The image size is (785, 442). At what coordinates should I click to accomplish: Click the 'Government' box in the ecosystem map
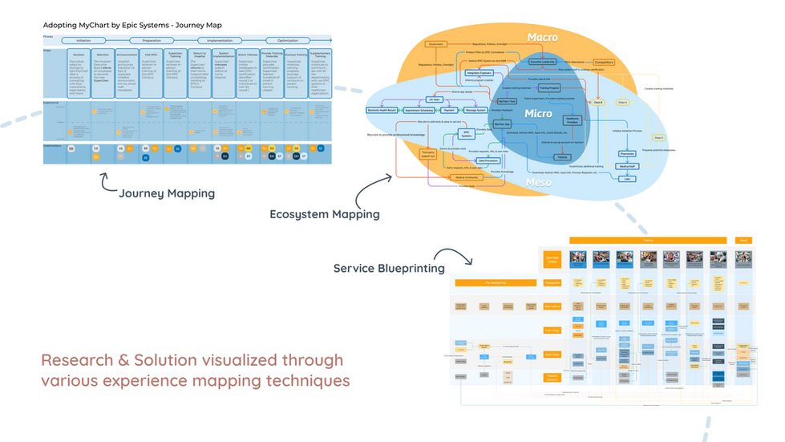tap(436, 44)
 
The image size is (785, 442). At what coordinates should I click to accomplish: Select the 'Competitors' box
tap(604, 62)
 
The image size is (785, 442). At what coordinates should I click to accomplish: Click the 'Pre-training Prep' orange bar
tap(494, 282)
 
